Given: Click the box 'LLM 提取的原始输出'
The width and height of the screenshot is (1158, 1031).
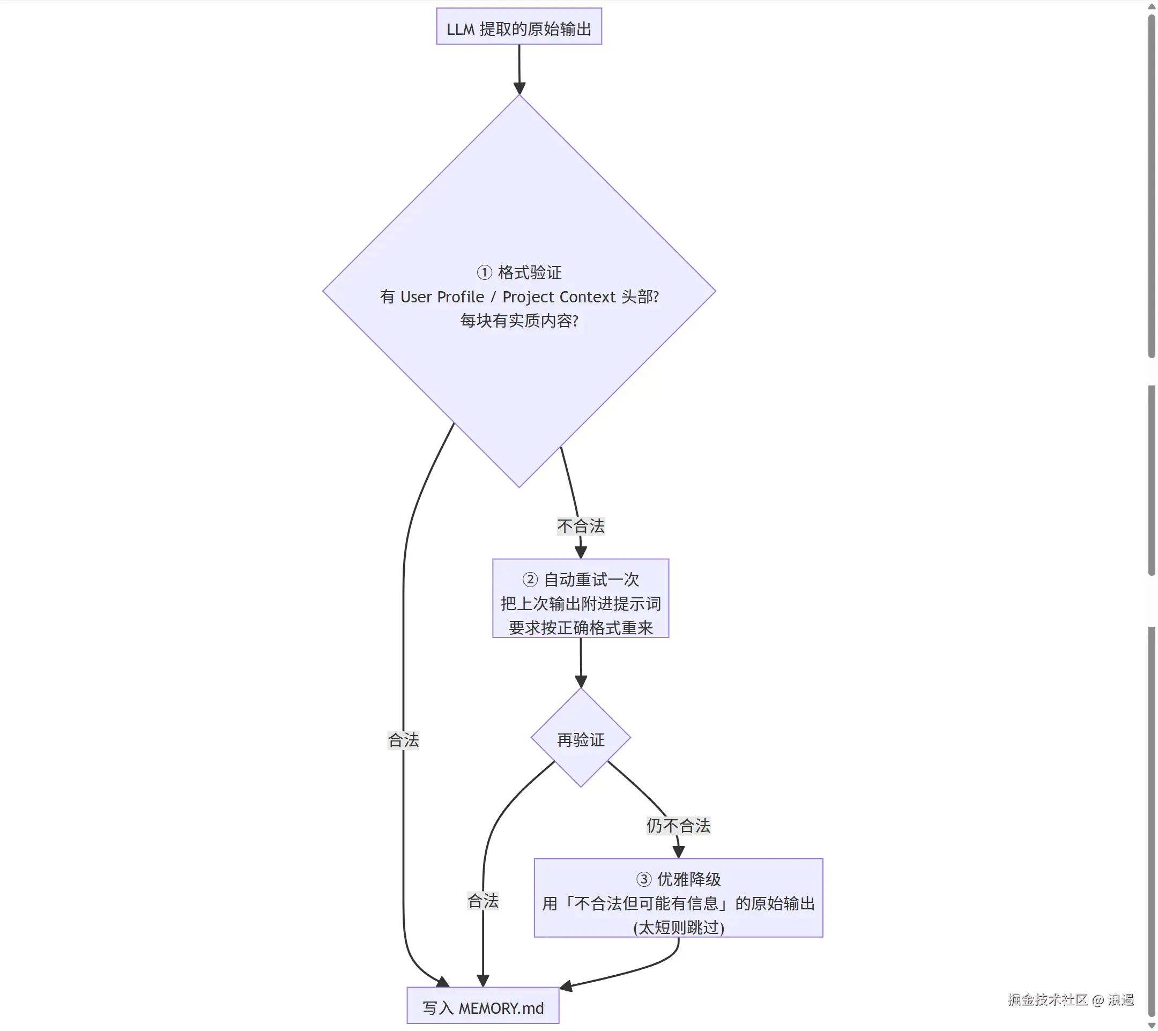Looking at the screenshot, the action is pyautogui.click(x=519, y=27).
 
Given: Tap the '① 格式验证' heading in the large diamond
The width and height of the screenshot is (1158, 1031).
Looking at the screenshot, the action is pyautogui.click(x=519, y=272).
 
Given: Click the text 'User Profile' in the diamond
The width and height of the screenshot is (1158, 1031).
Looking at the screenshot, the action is pyautogui.click(x=442, y=297).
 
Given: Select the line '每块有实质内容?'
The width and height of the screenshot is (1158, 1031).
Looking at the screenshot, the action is pyautogui.click(x=519, y=321).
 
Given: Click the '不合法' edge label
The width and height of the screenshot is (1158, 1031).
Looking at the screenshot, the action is pyautogui.click(x=581, y=526).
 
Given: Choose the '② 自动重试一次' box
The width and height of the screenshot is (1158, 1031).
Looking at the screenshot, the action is pyautogui.click(x=581, y=598).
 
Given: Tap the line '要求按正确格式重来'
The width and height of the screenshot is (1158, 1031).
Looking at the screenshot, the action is pyautogui.click(x=581, y=628).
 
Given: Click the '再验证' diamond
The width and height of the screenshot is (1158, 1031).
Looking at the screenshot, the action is pyautogui.click(x=581, y=738).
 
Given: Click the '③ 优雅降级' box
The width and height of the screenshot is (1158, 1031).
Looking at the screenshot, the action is pyautogui.click(x=678, y=898).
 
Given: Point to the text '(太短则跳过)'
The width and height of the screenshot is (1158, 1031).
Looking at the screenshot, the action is pyautogui.click(x=679, y=928).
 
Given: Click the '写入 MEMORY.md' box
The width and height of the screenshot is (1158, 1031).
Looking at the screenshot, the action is pyautogui.click(x=482, y=1005).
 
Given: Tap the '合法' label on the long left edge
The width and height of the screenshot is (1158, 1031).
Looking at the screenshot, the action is pyautogui.click(x=403, y=740).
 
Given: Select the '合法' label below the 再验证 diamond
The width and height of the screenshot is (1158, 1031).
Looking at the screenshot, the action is pyautogui.click(x=482, y=901).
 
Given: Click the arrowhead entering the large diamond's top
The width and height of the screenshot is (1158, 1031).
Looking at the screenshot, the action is pyautogui.click(x=519, y=88).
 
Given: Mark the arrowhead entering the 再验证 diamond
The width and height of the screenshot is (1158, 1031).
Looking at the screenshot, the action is pyautogui.click(x=581, y=681).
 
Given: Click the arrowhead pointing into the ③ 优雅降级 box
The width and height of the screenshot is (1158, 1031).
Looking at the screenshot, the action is pyautogui.click(x=678, y=852).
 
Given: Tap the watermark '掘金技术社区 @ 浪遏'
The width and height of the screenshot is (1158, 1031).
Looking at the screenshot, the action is pyautogui.click(x=1071, y=1000).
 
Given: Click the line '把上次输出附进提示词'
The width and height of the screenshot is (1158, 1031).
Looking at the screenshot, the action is pyautogui.click(x=581, y=604).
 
